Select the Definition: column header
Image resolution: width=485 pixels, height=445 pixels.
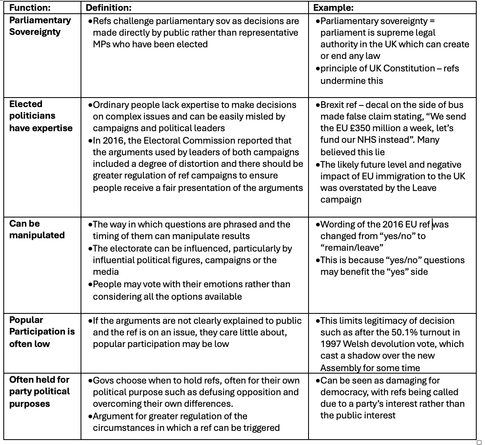(x=108, y=8)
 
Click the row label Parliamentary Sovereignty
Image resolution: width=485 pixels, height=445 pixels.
(x=40, y=26)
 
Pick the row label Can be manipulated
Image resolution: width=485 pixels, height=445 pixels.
(x=37, y=229)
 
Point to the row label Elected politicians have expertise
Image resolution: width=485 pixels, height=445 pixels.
(x=41, y=116)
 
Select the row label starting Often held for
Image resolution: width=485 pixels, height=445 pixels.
(x=39, y=391)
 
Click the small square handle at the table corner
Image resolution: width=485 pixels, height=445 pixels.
(x=479, y=442)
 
